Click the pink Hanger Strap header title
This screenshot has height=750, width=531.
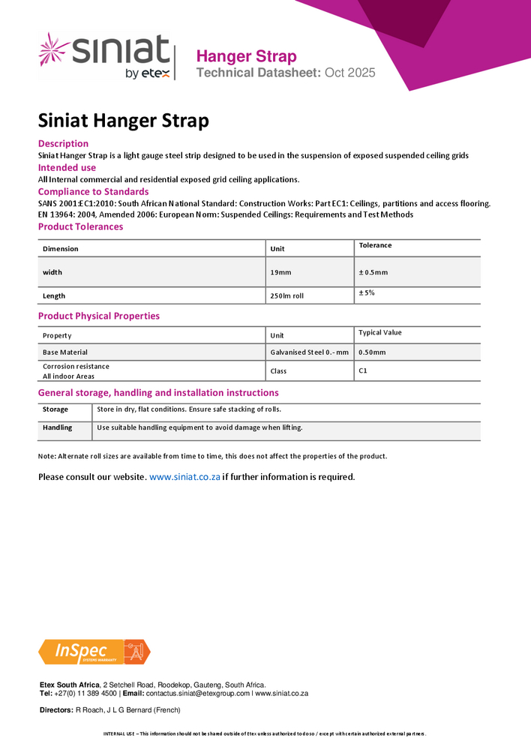pyautogui.click(x=246, y=56)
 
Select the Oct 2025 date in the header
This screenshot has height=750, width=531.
pyautogui.click(x=350, y=73)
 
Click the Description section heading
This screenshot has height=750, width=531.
pyautogui.click(x=63, y=143)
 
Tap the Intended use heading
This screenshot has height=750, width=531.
pyautogui.click(x=67, y=167)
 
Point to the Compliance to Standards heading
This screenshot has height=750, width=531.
pyautogui.click(x=93, y=192)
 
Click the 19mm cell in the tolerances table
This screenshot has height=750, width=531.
pyautogui.click(x=281, y=272)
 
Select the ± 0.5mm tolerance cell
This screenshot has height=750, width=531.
pyautogui.click(x=373, y=272)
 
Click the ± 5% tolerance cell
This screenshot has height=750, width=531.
pyautogui.click(x=367, y=292)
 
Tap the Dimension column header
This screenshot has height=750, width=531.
pyautogui.click(x=61, y=249)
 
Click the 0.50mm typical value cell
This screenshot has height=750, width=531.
pyautogui.click(x=373, y=352)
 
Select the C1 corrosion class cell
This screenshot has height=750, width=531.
pyautogui.click(x=363, y=370)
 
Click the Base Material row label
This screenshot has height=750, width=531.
pyautogui.click(x=65, y=352)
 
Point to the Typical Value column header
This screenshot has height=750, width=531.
pyautogui.click(x=381, y=332)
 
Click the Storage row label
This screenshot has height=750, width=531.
pyautogui.click(x=55, y=409)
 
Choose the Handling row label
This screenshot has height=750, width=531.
pyautogui.click(x=58, y=427)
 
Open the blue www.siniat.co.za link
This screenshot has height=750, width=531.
pyautogui.click(x=184, y=477)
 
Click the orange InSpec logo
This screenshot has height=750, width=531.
pyautogui.click(x=94, y=652)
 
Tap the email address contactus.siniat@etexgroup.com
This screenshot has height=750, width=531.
pyautogui.click(x=197, y=694)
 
